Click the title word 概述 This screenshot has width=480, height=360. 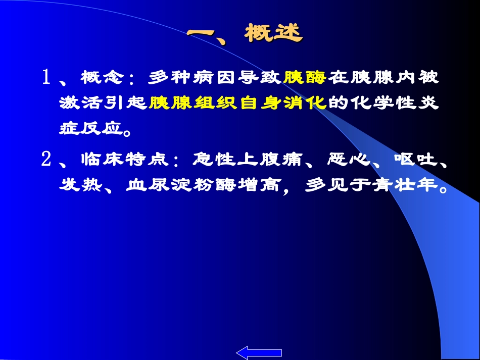[x=273, y=33]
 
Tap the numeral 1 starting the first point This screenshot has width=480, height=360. [x=46, y=78]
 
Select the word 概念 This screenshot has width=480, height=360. [x=102, y=78]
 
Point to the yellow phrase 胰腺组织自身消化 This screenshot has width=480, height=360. [x=238, y=103]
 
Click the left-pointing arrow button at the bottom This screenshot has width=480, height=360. [x=259, y=352]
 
